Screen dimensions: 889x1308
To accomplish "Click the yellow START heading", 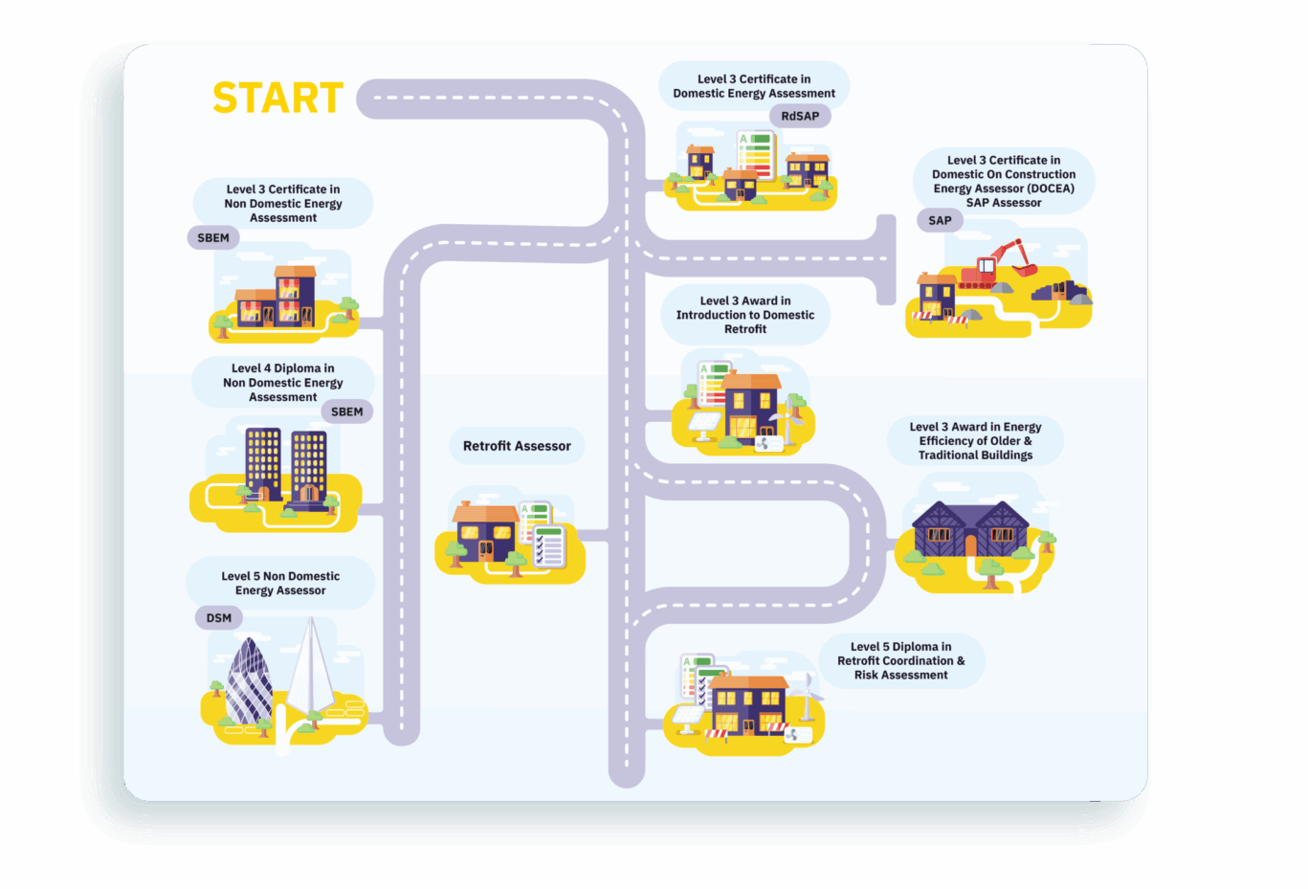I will tap(277, 99).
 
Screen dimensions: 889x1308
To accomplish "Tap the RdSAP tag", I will tap(800, 116).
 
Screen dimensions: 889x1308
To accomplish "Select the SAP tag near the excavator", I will tap(940, 220).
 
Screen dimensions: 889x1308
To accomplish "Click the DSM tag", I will tap(219, 618).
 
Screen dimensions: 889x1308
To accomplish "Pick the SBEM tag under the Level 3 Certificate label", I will tap(213, 238).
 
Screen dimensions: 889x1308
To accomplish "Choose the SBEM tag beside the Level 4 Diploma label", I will tap(346, 411).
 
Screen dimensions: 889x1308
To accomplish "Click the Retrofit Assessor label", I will tap(517, 446).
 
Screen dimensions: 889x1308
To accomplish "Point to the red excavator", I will tap(996, 265).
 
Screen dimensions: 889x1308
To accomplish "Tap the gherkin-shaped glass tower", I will tap(249, 681).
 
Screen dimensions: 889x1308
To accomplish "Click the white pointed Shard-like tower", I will tap(311, 670).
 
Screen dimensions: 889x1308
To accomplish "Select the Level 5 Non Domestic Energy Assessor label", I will tap(280, 584).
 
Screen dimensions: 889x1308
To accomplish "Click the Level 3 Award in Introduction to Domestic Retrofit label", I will tap(745, 315).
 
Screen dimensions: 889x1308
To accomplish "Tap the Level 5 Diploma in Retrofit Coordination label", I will tap(900, 661).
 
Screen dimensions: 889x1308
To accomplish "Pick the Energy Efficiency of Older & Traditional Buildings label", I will tap(975, 441).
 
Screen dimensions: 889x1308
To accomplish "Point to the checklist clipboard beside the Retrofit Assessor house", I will tap(549, 546).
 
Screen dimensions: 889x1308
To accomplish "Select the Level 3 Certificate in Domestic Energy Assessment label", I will tap(754, 86).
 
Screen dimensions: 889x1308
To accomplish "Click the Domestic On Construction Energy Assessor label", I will tap(1004, 182).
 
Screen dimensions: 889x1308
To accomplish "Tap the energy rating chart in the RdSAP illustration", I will tap(756, 154).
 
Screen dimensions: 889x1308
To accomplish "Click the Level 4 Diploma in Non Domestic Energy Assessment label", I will tap(282, 383).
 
